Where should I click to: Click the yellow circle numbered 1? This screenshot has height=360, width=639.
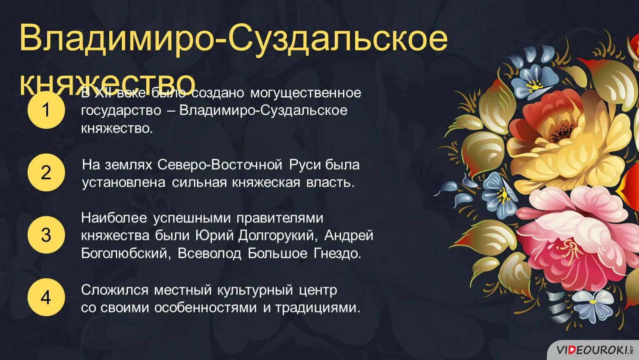click(x=46, y=110)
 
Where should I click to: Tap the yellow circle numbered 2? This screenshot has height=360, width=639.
click(x=46, y=172)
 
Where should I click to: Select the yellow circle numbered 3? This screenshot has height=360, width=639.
click(x=46, y=235)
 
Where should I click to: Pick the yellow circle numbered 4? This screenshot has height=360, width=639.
click(x=46, y=297)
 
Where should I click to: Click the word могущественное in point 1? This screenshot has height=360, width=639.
click(x=306, y=92)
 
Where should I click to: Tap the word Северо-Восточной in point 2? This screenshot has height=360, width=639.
click(x=220, y=165)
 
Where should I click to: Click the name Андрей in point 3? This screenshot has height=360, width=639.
click(x=348, y=235)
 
